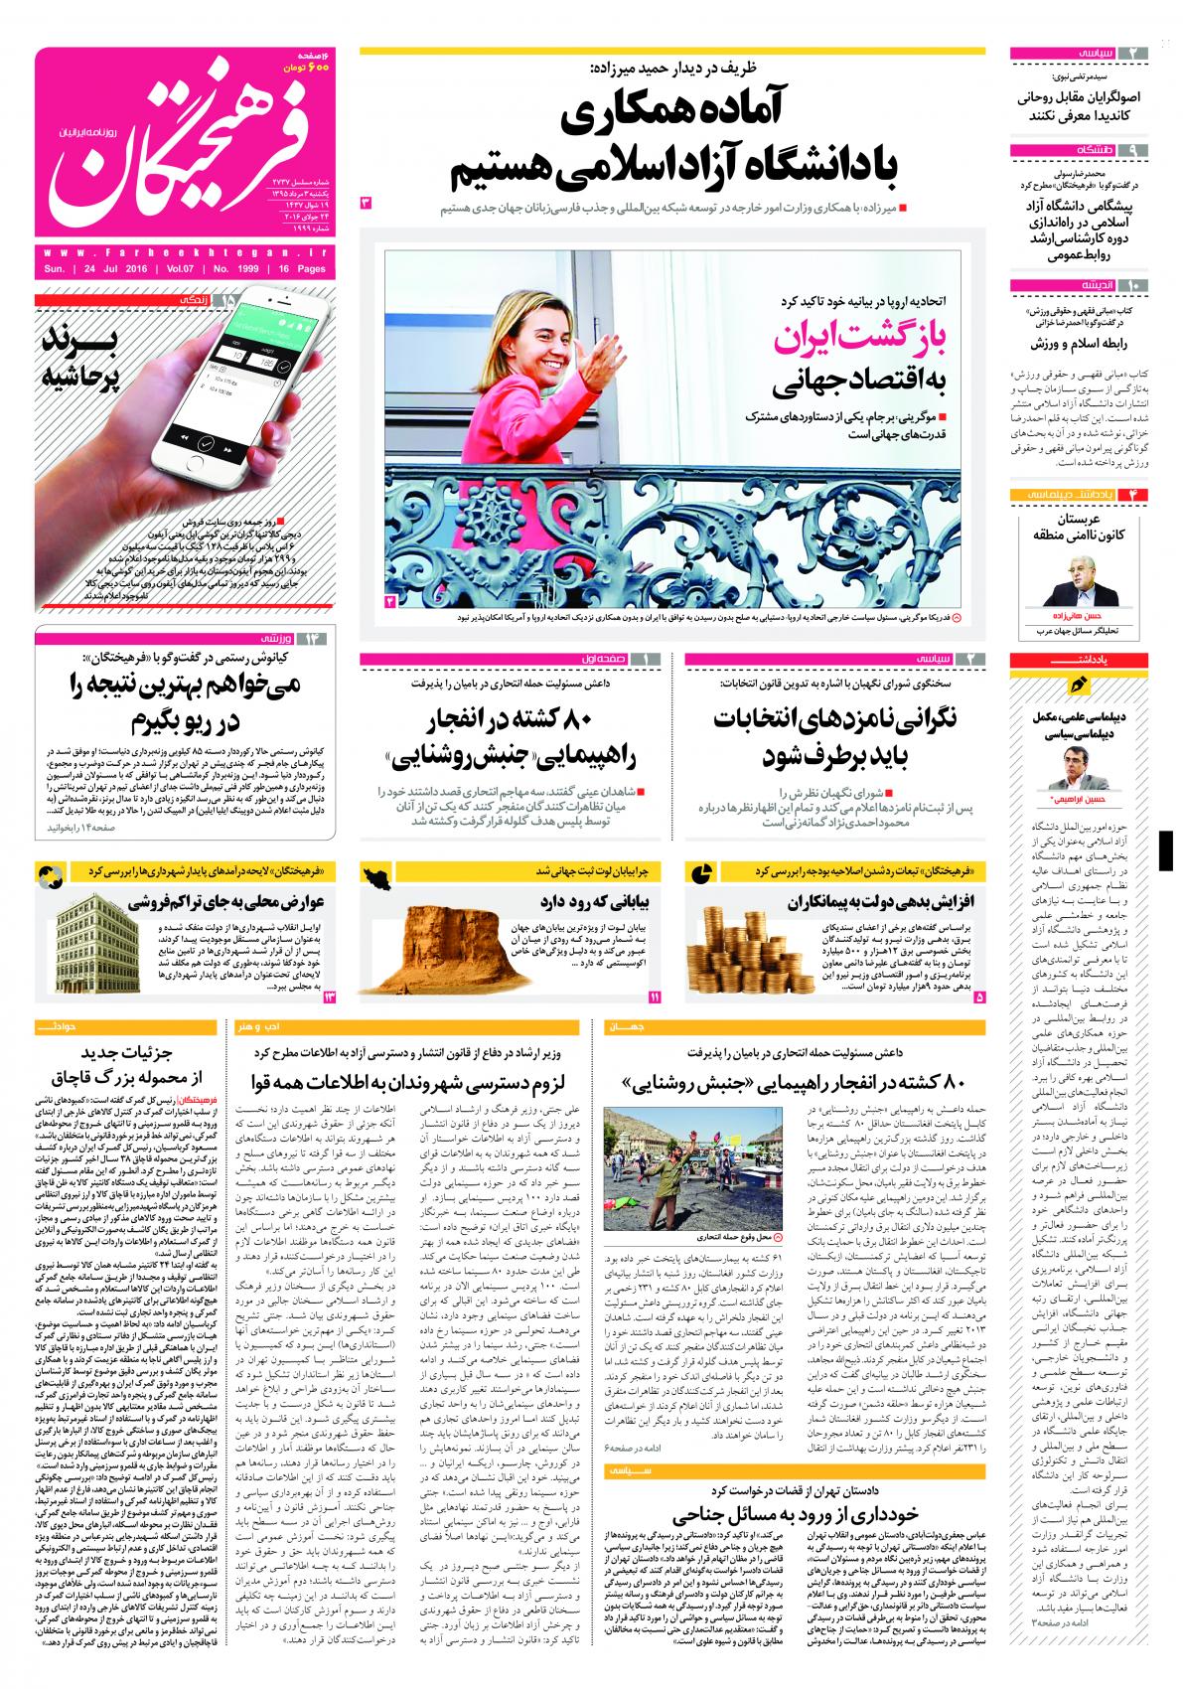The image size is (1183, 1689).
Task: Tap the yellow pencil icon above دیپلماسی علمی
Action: [x=1078, y=686]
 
